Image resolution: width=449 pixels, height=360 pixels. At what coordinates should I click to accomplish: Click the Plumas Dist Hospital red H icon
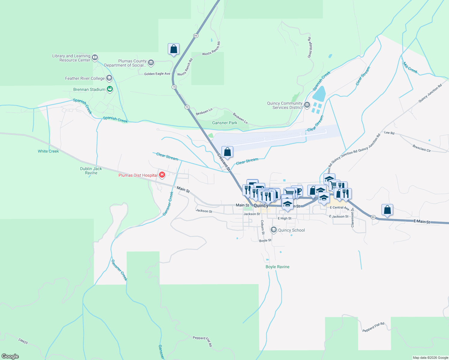click(x=162, y=175)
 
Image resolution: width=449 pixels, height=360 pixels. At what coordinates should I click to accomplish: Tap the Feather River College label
click(x=85, y=79)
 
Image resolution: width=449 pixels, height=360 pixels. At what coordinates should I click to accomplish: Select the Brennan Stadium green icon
click(x=110, y=89)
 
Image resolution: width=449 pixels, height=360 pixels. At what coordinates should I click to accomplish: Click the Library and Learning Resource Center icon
click(x=95, y=57)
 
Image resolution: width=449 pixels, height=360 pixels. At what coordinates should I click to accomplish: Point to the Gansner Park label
click(x=224, y=123)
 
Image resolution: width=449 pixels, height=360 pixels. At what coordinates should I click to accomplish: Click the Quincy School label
click(x=291, y=230)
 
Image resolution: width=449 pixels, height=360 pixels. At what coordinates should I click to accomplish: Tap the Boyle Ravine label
click(x=277, y=267)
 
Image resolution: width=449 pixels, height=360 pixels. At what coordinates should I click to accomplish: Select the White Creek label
click(x=48, y=151)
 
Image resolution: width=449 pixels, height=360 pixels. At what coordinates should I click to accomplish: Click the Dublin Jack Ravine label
click(x=91, y=171)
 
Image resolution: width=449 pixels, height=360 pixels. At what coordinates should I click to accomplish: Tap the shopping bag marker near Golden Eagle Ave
click(x=173, y=49)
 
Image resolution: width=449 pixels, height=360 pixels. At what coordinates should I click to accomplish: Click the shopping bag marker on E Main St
click(x=387, y=210)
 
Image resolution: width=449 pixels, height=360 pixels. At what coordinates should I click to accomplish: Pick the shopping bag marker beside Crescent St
click(x=228, y=152)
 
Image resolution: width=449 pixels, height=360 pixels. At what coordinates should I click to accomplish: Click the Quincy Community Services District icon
click(x=307, y=105)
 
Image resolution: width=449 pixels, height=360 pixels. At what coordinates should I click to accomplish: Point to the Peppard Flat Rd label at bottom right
click(x=373, y=327)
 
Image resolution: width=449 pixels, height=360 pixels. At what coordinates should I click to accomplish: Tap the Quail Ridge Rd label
click(x=310, y=47)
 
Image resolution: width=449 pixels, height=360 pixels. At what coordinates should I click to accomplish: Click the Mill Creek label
click(x=410, y=68)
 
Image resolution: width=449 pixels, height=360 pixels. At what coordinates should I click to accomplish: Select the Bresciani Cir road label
click(x=421, y=148)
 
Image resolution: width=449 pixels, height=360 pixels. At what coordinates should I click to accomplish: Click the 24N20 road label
click(x=23, y=341)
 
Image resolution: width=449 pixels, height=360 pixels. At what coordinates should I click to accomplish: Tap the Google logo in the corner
click(x=10, y=356)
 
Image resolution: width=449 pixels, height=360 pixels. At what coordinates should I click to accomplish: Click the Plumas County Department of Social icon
click(x=151, y=63)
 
